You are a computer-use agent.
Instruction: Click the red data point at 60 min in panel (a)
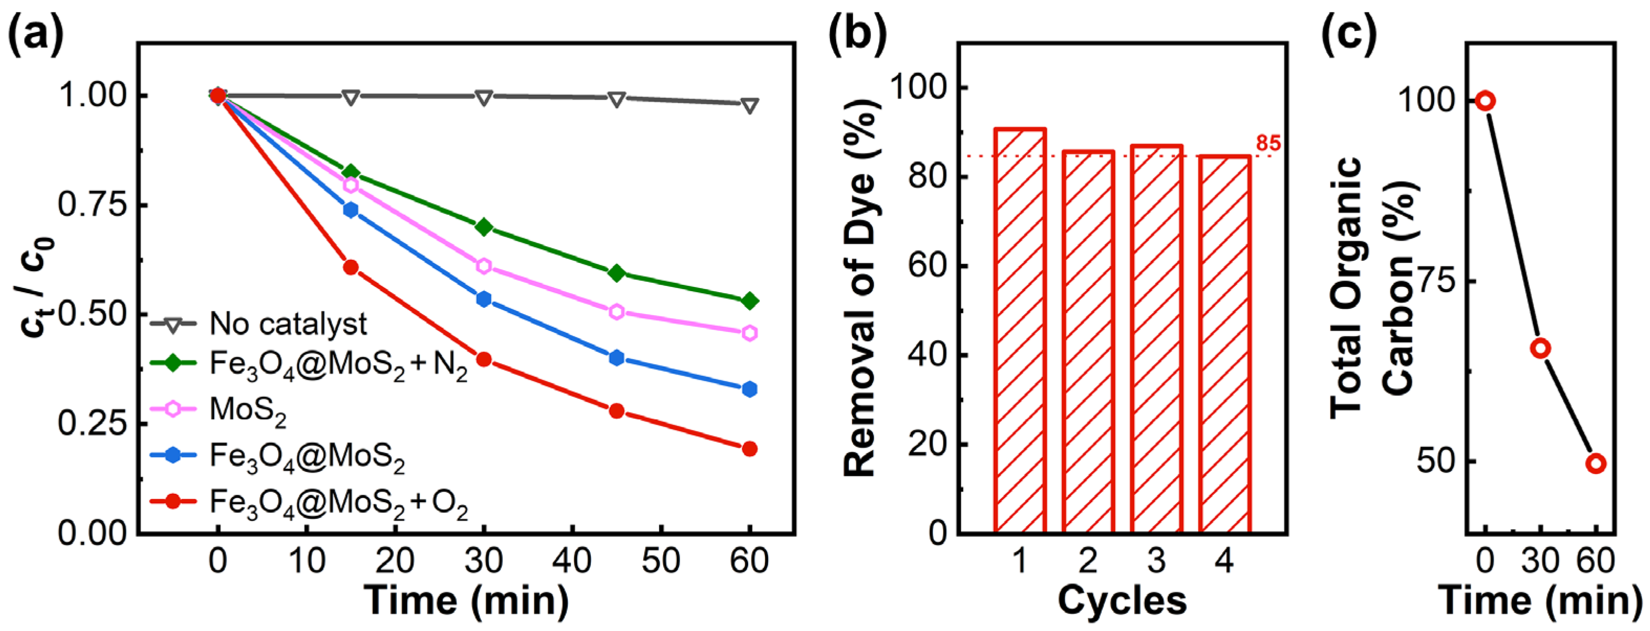(x=749, y=449)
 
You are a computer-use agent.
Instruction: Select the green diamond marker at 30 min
(x=484, y=227)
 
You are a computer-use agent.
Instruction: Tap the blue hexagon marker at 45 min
(x=617, y=358)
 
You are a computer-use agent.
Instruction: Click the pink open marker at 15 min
(x=350, y=185)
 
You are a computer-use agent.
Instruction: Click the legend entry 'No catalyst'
(x=288, y=324)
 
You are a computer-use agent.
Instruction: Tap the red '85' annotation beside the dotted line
(x=1268, y=144)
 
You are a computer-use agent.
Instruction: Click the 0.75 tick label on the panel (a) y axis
(x=92, y=205)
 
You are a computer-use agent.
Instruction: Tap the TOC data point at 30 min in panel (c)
(x=1540, y=348)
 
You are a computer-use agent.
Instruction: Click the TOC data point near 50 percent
(x=1595, y=463)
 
